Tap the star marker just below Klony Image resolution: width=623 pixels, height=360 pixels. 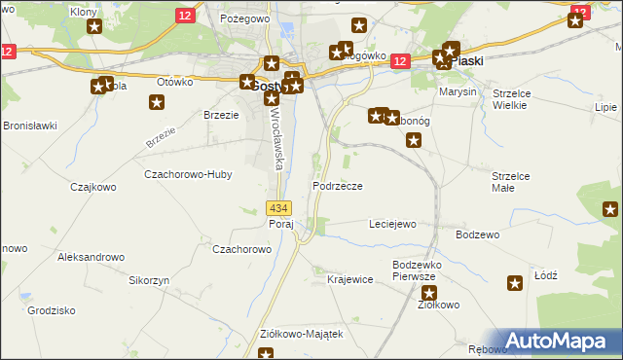coord(93,26)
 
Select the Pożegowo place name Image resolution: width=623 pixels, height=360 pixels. coord(243,18)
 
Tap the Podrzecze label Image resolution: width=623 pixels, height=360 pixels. coord(338,186)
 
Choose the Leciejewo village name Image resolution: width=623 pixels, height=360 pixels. coord(392,224)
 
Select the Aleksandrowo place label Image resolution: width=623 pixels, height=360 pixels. coord(92,257)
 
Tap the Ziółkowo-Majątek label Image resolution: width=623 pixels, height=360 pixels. coord(302,334)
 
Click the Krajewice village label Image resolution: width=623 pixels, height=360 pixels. coord(350,280)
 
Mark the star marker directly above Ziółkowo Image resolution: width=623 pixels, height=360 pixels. coord(429,292)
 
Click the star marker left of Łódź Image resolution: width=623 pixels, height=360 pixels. coord(515,283)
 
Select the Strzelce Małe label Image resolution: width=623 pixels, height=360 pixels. coord(510,182)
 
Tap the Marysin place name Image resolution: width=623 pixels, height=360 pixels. coord(458,91)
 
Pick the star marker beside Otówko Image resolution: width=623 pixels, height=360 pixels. coord(158,104)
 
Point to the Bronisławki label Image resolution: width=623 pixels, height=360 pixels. coord(30,126)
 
